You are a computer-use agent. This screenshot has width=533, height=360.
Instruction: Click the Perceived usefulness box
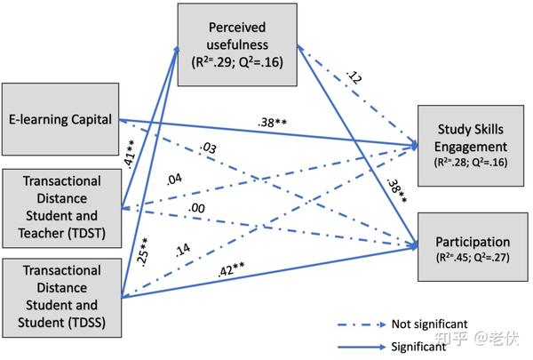[237, 44]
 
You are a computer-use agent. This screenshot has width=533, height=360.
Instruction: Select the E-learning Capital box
[60, 119]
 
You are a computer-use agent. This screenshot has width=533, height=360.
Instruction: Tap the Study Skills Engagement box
[471, 146]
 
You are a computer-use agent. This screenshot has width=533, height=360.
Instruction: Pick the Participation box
[473, 247]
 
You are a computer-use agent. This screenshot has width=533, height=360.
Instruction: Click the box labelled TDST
[62, 208]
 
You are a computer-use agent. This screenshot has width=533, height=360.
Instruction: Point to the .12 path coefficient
[354, 77]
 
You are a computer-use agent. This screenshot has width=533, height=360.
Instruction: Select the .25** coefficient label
[143, 252]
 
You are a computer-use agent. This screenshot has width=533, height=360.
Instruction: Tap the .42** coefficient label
[231, 269]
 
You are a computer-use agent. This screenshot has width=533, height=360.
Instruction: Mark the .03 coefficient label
[208, 148]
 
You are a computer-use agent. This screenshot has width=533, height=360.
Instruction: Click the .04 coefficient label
[174, 180]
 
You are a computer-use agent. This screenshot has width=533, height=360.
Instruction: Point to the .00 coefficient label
[196, 208]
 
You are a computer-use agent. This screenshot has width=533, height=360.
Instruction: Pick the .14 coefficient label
[183, 250]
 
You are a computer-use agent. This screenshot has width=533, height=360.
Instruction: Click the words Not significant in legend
[430, 324]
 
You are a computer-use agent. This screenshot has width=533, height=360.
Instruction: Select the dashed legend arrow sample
[362, 324]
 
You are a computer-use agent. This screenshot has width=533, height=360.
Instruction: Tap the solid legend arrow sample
[362, 347]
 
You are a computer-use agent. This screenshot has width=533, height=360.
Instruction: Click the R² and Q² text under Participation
[473, 257]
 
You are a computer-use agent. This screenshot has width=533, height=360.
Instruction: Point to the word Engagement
[471, 147]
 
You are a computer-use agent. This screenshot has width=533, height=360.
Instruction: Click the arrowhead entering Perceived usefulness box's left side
[177, 51]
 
